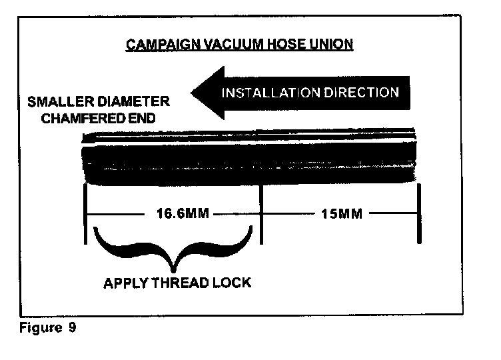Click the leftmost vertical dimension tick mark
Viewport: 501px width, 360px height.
87,215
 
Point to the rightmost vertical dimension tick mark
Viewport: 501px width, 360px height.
418,215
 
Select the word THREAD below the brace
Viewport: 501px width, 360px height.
182,283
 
